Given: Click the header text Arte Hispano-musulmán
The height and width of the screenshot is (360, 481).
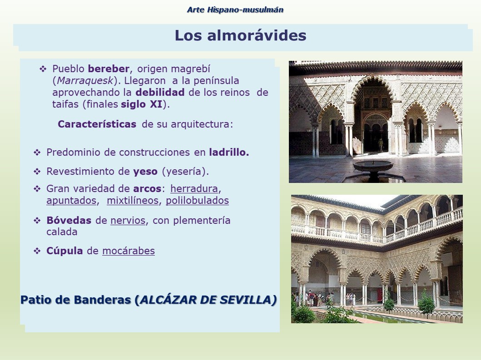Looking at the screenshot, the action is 235,10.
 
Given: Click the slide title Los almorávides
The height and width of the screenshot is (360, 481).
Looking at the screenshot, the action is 241,35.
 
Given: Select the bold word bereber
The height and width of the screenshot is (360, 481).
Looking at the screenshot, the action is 109,69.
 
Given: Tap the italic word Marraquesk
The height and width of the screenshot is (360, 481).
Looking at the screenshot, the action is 85,81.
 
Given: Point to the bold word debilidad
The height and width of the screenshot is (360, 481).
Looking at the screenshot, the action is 160,92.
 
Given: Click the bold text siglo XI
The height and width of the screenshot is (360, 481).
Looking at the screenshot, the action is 141,104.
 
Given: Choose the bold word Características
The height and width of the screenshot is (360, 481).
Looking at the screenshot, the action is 97,124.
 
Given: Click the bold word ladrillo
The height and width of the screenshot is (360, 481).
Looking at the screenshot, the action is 229,152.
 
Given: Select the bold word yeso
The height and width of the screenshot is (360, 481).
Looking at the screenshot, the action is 145,172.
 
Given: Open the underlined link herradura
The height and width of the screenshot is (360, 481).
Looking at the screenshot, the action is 194,188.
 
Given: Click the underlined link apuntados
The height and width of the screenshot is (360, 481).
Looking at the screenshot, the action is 71,201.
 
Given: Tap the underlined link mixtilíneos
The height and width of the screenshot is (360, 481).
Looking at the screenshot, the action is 133,201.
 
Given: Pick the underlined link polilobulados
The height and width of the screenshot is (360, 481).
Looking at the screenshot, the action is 197,201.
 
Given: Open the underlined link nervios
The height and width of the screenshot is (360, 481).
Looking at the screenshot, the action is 128,221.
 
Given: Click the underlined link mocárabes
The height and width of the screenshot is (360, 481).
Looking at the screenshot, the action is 129,251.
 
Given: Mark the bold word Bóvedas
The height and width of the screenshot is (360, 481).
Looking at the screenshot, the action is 69,221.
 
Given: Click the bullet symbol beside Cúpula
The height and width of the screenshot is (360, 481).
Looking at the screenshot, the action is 37,251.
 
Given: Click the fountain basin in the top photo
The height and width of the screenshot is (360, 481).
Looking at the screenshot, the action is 373,166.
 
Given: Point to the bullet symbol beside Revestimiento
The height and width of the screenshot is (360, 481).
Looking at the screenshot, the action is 37,172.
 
